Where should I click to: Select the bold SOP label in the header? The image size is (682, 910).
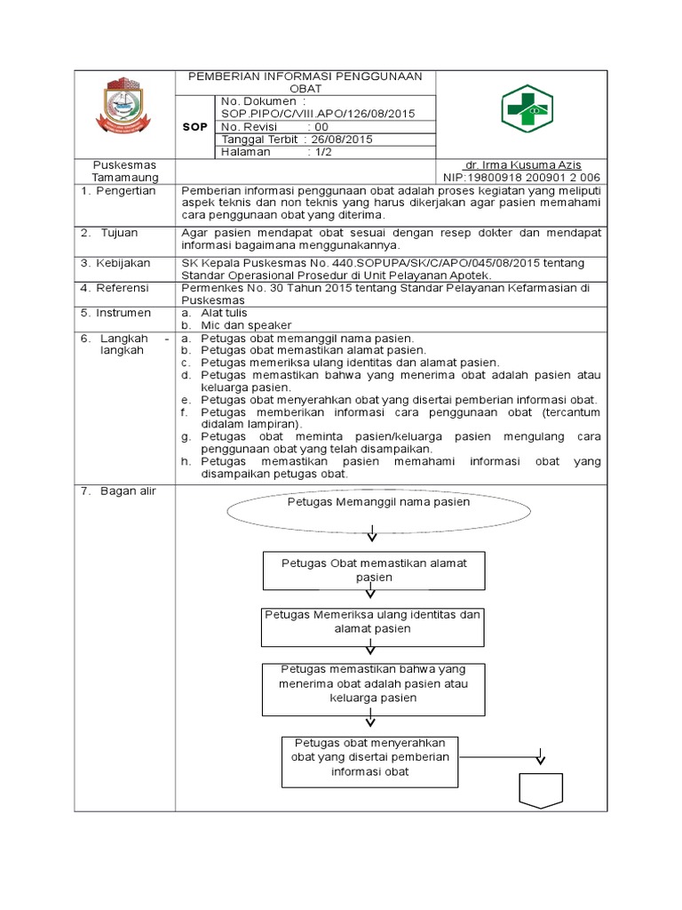click(194, 127)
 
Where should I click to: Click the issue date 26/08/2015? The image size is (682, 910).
click(341, 140)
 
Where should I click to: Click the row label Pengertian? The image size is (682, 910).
click(125, 191)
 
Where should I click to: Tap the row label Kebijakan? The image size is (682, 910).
click(125, 263)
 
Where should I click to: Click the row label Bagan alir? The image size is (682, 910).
click(125, 491)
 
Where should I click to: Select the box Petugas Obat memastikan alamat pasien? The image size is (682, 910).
click(374, 570)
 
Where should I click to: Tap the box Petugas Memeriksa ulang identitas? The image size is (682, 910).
click(372, 621)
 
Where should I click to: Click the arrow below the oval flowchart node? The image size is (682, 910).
click(372, 534)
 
